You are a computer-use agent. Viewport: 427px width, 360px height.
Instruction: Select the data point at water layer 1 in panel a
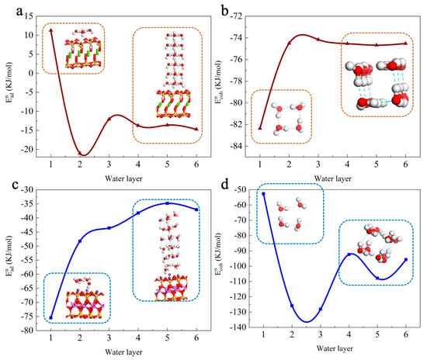[x=51, y=30]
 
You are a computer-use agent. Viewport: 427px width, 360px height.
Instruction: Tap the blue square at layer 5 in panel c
[x=167, y=203]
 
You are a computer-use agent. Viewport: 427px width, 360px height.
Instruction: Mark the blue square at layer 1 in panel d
[x=264, y=194]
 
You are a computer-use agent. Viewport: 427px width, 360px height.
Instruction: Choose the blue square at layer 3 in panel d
[x=321, y=309]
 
